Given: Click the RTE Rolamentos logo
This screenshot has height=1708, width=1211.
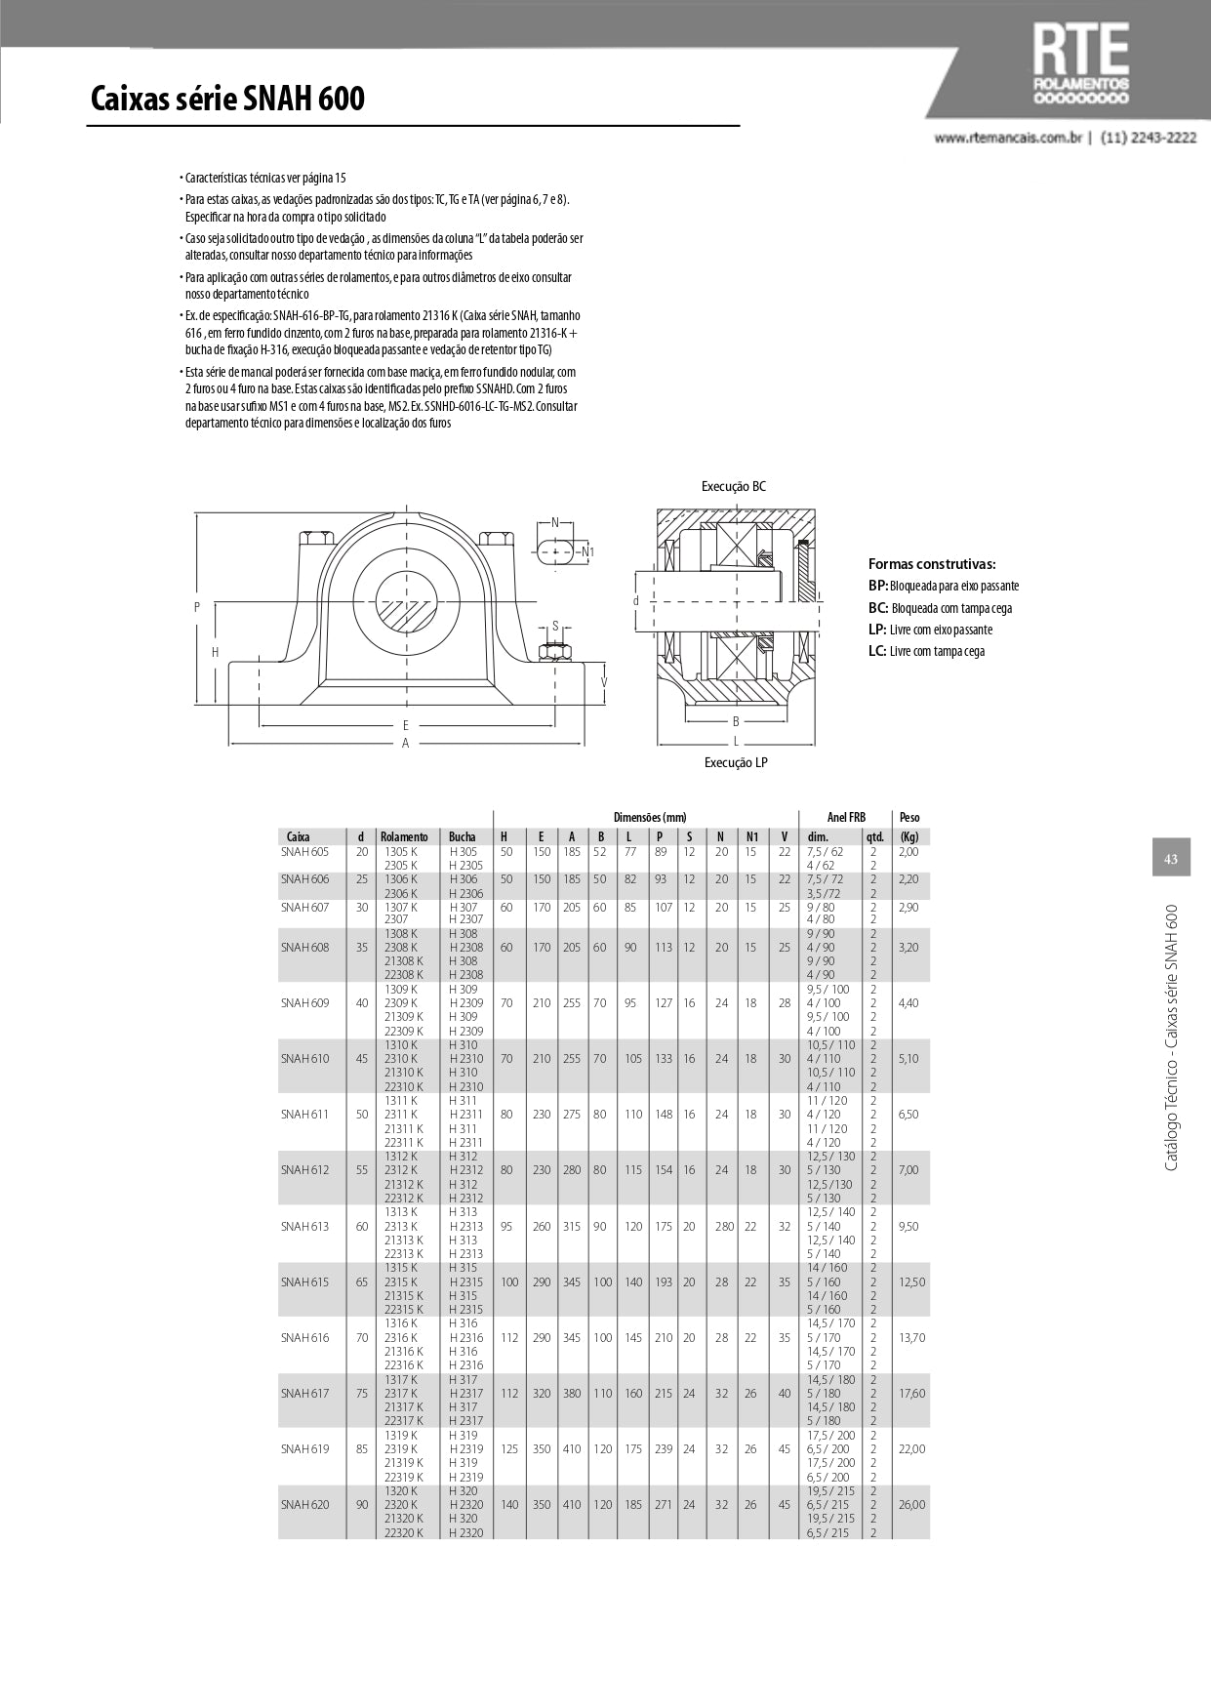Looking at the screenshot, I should point(1080,63).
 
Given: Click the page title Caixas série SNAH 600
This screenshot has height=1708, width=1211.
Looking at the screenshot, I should point(227,100).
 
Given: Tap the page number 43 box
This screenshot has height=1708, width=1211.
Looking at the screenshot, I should point(1171,859).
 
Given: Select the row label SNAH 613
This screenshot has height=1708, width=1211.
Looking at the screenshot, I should point(305,1226).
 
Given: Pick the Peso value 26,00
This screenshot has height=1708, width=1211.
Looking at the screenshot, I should point(911,1504).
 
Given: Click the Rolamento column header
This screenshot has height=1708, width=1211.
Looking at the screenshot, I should point(404,836).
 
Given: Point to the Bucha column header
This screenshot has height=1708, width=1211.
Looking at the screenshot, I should point(463,836).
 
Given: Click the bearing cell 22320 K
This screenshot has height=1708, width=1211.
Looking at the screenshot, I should point(404,1532).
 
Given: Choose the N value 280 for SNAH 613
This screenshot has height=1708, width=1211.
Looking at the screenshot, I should point(723,1226).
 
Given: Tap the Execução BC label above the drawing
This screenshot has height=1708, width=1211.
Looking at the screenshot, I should point(734,486).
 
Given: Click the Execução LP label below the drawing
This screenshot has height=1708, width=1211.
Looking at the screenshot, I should point(736,762).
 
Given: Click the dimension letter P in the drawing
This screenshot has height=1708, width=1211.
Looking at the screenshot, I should point(197,607).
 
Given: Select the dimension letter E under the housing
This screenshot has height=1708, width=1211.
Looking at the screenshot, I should point(406,725).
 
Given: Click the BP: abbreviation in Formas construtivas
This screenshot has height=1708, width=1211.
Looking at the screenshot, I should point(878,586).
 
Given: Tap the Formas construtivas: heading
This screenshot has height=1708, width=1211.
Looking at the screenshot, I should point(932,564).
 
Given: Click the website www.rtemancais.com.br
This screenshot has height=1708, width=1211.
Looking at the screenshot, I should point(1009,139).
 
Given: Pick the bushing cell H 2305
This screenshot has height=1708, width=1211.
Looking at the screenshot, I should point(465,865).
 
